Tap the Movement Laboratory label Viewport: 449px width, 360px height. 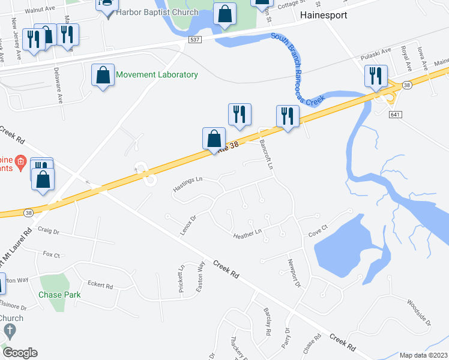pos(157,75)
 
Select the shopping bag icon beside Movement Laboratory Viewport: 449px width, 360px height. pos(103,76)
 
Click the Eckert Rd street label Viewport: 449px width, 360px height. pos(100,286)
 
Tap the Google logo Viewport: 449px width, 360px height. pos(20,353)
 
